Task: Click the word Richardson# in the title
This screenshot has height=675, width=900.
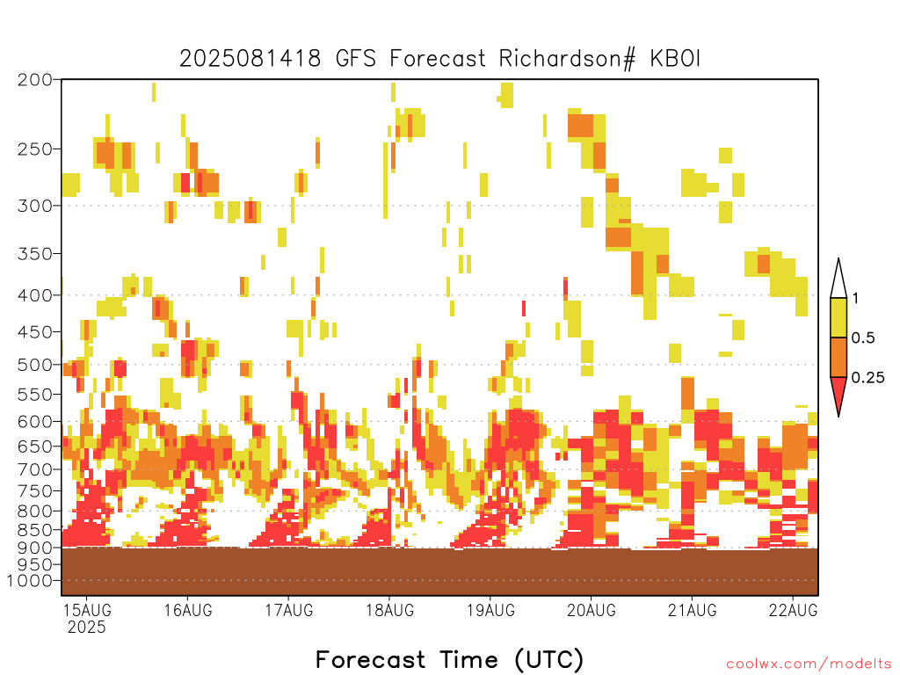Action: coord(567,59)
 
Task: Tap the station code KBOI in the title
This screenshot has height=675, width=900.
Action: coord(675,59)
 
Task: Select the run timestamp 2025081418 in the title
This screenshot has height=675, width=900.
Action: coord(250,59)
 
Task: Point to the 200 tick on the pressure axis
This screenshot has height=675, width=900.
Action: coord(34,79)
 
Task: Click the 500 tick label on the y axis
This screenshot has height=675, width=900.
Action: coord(34,365)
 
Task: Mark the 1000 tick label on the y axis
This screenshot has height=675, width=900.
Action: coord(29,581)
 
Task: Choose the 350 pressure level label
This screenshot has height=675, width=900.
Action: coord(34,254)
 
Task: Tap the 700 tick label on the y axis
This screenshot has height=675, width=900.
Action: coord(34,469)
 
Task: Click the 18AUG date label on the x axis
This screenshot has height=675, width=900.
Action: coord(389,610)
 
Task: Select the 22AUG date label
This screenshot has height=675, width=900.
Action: coord(794,610)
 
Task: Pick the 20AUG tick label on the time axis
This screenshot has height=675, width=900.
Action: coord(592,610)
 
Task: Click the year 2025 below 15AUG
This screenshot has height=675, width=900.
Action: coord(87,628)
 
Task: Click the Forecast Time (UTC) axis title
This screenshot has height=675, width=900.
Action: coord(449,659)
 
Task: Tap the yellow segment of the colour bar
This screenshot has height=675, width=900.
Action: coord(838,317)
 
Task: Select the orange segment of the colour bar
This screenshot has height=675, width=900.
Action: coord(838,357)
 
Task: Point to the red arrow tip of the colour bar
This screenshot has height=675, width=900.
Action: coord(838,416)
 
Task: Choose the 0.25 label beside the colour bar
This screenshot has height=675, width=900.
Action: coord(867,378)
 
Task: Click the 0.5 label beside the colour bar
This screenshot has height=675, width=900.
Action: coord(863,338)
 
